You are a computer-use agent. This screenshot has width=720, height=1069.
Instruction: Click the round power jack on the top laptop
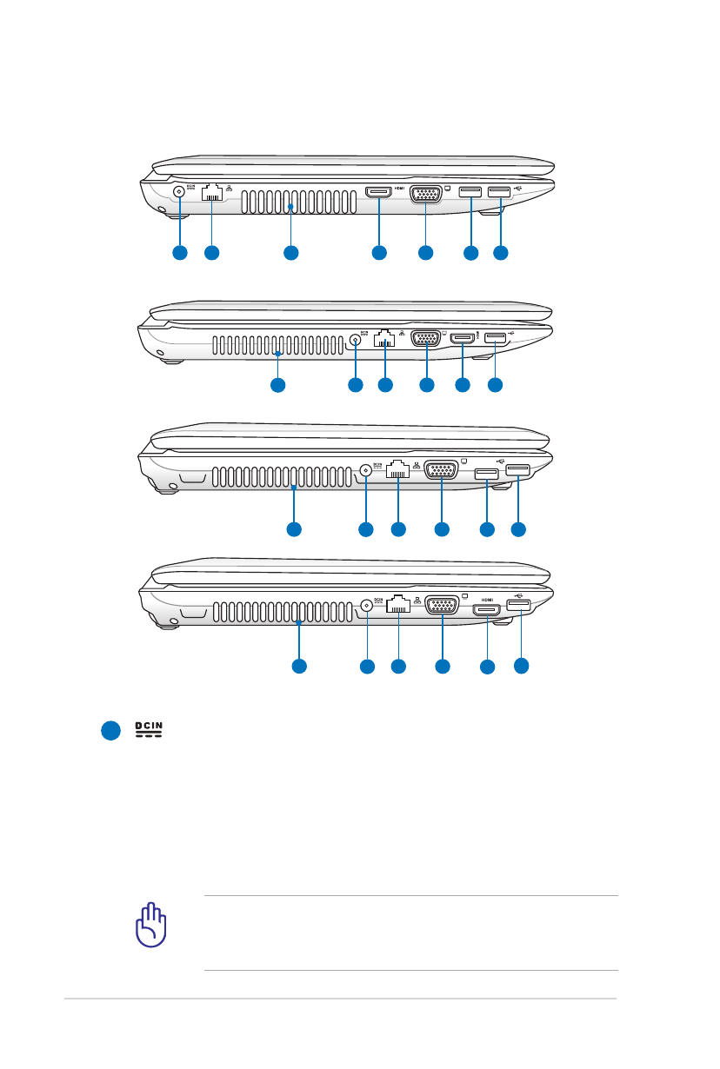[x=179, y=192]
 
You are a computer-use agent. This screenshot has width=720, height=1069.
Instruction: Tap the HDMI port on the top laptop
[x=378, y=192]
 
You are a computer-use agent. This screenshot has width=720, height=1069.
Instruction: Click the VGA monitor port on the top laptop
[x=424, y=195]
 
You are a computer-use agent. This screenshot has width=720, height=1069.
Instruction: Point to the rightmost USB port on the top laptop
[x=501, y=191]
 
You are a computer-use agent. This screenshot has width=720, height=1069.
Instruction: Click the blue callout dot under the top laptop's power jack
[x=179, y=253]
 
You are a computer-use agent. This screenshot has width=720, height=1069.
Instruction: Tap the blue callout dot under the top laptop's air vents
[x=290, y=253]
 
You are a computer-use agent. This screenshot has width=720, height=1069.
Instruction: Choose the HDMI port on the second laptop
[x=462, y=338]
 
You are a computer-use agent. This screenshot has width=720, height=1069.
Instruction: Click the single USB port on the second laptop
[x=495, y=337]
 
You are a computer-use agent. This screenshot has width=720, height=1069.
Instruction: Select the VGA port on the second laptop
[x=425, y=340]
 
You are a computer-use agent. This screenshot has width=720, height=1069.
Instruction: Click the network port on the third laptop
[x=398, y=470]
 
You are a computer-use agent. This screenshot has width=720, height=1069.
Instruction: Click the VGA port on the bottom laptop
[x=443, y=607]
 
